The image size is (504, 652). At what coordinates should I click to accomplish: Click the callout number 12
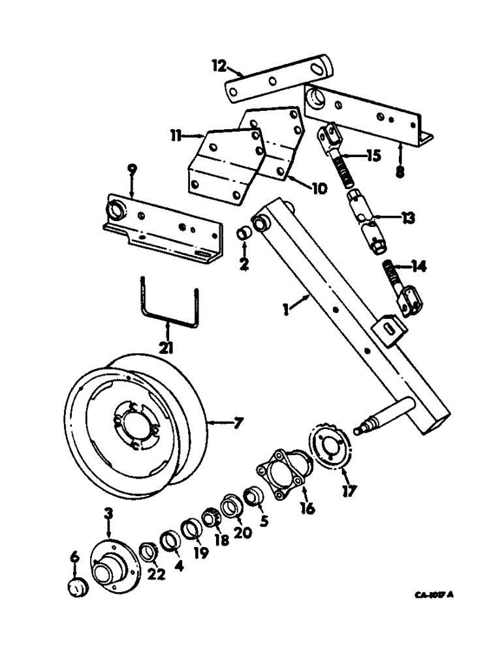[x=218, y=66]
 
